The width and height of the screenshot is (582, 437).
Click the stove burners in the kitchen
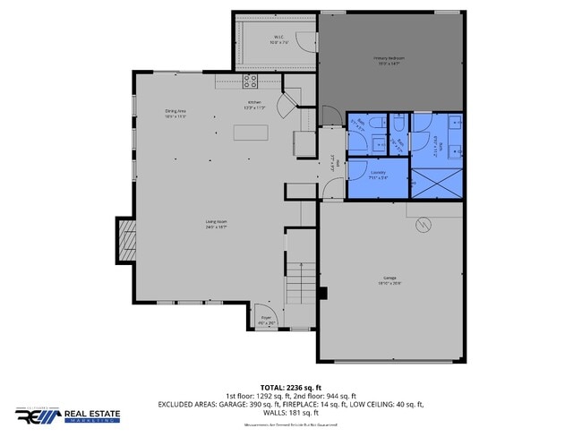tap(251, 81)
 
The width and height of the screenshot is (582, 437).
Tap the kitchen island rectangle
tap(251, 133)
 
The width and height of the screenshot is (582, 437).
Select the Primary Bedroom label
tap(389, 61)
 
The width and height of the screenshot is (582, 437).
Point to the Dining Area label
tap(175, 113)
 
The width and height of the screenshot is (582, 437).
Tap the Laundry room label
tap(377, 173)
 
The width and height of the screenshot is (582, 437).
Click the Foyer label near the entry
tap(266, 320)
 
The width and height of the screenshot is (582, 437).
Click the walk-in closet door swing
tap(305, 41)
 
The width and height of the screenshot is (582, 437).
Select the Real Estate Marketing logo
tap(67, 416)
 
